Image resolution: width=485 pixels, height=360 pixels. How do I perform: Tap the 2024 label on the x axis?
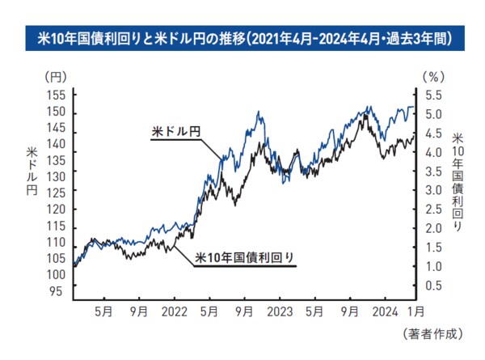coord(384,310)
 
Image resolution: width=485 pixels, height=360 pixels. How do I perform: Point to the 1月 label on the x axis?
coord(415,310)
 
